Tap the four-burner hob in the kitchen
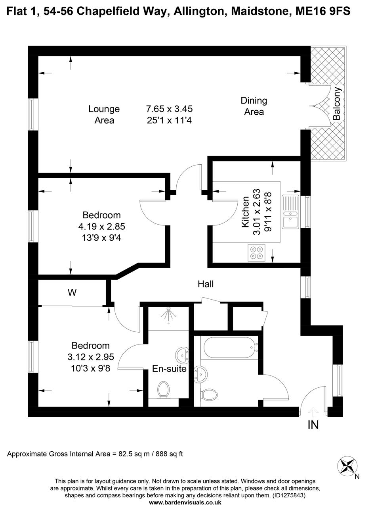256,253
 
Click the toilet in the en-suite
163,389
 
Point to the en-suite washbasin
183,354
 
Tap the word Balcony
337,104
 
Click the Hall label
206,284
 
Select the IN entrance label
313,425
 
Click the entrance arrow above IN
313,411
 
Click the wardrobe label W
72,293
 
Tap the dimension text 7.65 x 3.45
169,109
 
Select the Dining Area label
254,106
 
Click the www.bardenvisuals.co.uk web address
185,502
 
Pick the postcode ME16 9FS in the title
323,12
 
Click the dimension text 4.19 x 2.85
101,227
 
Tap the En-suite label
169,369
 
